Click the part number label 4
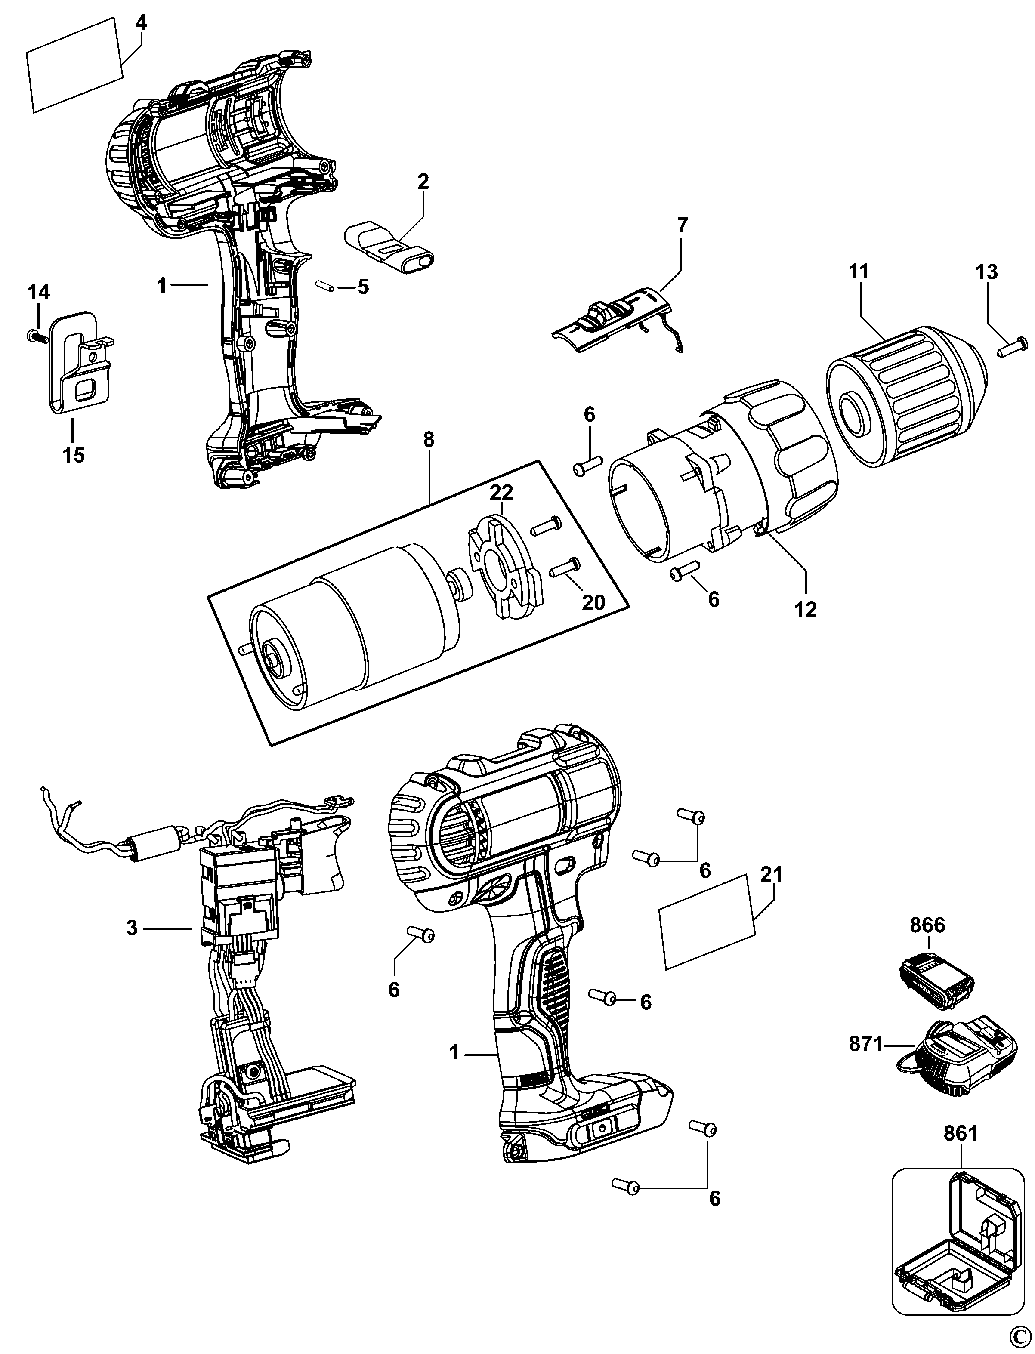[x=141, y=23]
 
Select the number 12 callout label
[x=805, y=609]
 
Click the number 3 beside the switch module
[x=132, y=928]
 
